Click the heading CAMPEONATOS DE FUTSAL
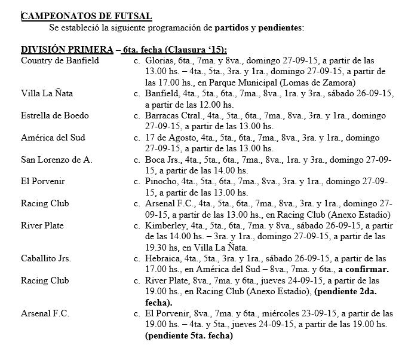pos(86,16)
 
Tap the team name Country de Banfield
pos(60,60)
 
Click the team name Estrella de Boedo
pos(54,115)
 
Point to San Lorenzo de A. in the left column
pos(55,159)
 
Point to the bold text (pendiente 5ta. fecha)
pos(188,335)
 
